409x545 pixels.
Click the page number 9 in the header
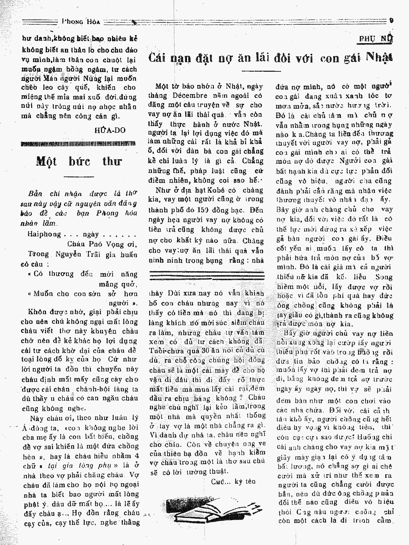pos(391,20)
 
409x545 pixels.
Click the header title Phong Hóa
pos(81,22)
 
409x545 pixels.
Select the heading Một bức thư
pos(79,161)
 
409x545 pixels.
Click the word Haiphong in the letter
pos(44,234)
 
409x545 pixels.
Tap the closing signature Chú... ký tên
pos(233,481)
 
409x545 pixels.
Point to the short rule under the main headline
pos(270,71)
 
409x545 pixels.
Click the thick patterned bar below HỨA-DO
pos(78,143)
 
